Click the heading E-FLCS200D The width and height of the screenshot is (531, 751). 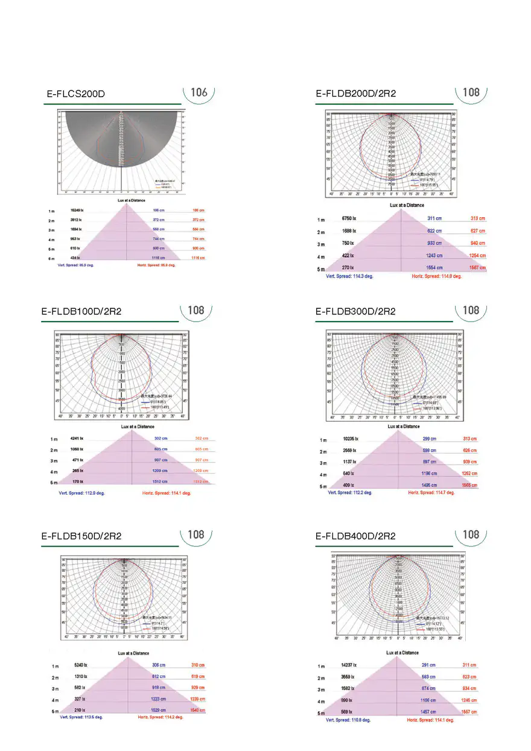click(x=76, y=94)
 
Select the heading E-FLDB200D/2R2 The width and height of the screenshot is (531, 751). click(x=355, y=93)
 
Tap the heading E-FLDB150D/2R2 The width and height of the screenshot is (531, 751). click(x=81, y=536)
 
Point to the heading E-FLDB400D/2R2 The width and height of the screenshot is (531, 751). click(x=355, y=536)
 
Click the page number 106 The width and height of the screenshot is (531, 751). click(x=199, y=92)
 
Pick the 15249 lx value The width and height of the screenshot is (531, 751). click(x=77, y=211)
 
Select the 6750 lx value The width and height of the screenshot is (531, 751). click(x=350, y=218)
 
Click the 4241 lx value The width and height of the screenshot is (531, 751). click(x=77, y=439)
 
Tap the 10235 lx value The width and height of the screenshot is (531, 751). click(x=351, y=439)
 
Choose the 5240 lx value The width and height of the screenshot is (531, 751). click(x=80, y=665)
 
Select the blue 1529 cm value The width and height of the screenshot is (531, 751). click(x=160, y=710)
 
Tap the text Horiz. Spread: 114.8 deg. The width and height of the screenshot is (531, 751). click(x=436, y=276)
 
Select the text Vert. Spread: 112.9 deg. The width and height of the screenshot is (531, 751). click(x=81, y=493)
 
